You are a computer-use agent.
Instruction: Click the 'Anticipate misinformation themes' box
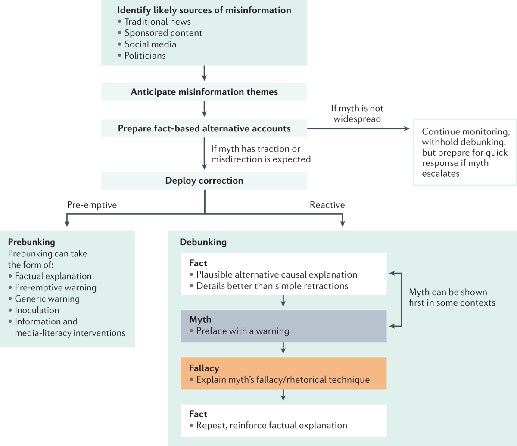tap(204, 92)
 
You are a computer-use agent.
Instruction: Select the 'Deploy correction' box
tap(204, 181)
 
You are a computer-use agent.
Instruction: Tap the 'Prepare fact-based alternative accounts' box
tap(204, 128)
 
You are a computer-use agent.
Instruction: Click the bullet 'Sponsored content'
tap(163, 33)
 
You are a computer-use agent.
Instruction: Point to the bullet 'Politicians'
tap(145, 56)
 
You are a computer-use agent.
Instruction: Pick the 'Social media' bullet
tap(150, 44)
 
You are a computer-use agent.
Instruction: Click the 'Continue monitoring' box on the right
tap(464, 153)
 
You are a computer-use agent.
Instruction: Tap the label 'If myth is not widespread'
tap(357, 114)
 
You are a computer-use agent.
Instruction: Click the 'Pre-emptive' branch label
tap(92, 205)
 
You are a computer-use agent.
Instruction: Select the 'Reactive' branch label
tap(327, 205)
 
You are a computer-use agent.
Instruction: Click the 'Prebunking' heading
tap(31, 242)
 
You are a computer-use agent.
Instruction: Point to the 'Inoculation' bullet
tap(37, 310)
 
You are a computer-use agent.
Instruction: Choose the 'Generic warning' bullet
tap(47, 299)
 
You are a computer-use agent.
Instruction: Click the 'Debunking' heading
tap(203, 242)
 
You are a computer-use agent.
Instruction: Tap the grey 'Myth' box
tap(283, 326)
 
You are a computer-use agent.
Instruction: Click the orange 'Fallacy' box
tap(283, 373)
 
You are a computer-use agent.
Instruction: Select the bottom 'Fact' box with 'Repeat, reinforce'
tap(283, 420)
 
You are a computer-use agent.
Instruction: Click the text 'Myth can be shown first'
tap(452, 297)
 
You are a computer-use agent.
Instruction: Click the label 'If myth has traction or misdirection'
tap(261, 154)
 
